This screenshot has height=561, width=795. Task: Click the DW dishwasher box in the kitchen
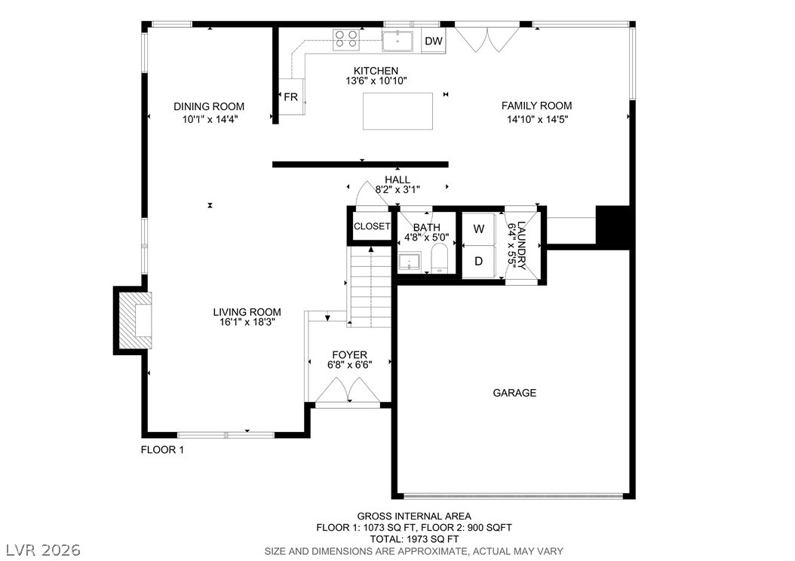point(434,41)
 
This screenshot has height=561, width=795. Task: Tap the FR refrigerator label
point(291,97)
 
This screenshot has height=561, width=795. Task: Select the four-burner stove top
point(346,39)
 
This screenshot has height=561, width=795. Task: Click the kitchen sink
point(401,41)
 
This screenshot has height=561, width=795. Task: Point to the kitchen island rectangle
point(398,111)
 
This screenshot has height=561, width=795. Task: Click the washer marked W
point(479,229)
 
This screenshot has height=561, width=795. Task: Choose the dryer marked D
point(479,262)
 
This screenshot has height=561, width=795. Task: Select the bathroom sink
point(409,262)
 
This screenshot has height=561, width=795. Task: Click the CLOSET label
point(372,226)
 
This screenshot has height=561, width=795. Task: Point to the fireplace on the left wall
point(133,320)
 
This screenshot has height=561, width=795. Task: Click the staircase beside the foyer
point(371,287)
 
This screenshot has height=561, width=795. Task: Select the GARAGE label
point(514,393)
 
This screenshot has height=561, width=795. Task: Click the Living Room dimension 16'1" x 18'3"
point(247,322)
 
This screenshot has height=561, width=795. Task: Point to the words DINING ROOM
point(209,106)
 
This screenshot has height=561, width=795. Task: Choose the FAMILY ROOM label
point(537,106)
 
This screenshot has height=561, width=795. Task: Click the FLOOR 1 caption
point(162,449)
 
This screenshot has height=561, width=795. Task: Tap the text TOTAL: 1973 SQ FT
point(414,539)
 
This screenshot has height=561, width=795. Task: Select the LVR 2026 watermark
point(44,550)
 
